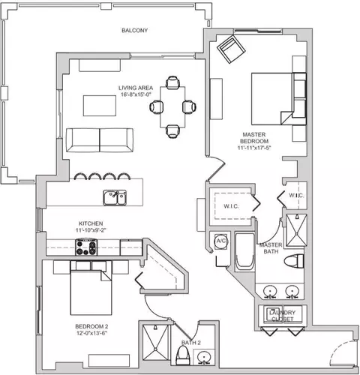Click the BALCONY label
pos(134,31)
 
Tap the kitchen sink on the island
pos(115,197)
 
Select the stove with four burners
pos(86,247)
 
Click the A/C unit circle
pos(221,241)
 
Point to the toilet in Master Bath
pos(294,261)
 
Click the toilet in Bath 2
pos(183,355)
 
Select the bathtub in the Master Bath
pos(245,252)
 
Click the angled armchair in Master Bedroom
pos(231,49)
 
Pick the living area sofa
pos(100,140)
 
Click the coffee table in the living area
pos(100,106)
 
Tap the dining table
pos(172,107)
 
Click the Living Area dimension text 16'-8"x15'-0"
pos(136,94)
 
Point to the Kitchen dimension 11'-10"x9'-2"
pos(91,230)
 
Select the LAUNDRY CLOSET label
pos(282,316)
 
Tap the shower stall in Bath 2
pos(155,342)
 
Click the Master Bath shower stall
pos(296,230)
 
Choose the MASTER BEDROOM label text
pos(254,138)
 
